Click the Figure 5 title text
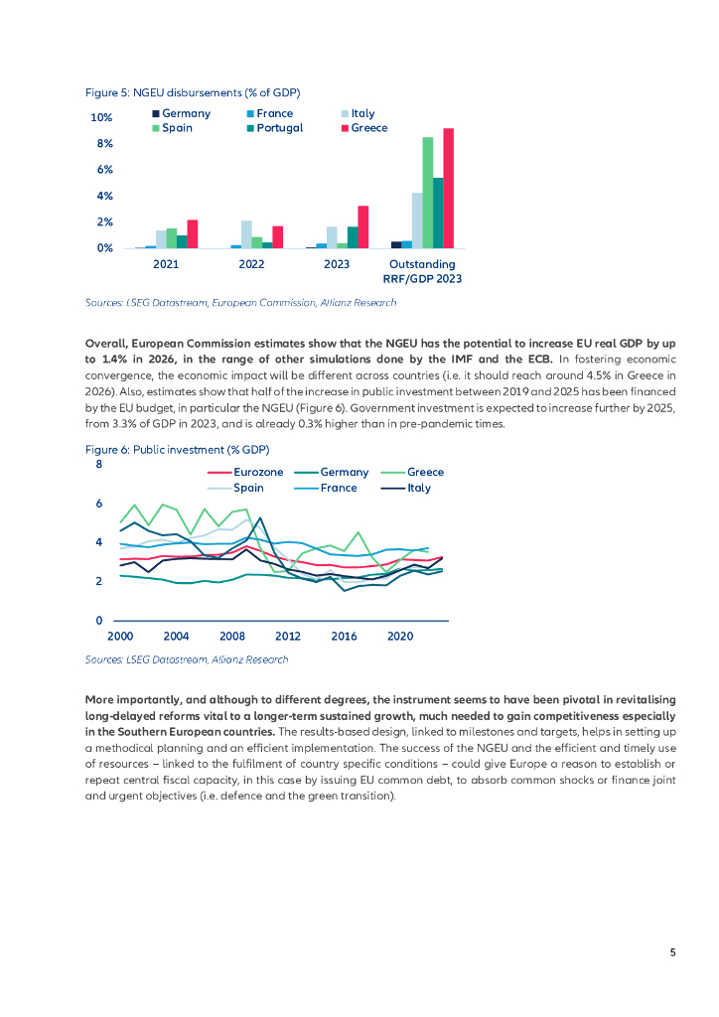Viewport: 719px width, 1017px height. pos(193,92)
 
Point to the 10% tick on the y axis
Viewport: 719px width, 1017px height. pos(101,118)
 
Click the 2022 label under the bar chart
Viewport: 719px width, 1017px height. pos(251,264)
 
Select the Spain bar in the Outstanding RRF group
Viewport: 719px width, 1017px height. pos(428,193)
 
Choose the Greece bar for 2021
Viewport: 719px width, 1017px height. pos(193,233)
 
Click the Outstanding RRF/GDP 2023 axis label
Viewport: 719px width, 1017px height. pos(422,271)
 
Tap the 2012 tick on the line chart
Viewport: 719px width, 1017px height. pos(288,635)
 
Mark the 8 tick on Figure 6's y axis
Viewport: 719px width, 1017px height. pos(98,465)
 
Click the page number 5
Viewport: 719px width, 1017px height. pos(672,952)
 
